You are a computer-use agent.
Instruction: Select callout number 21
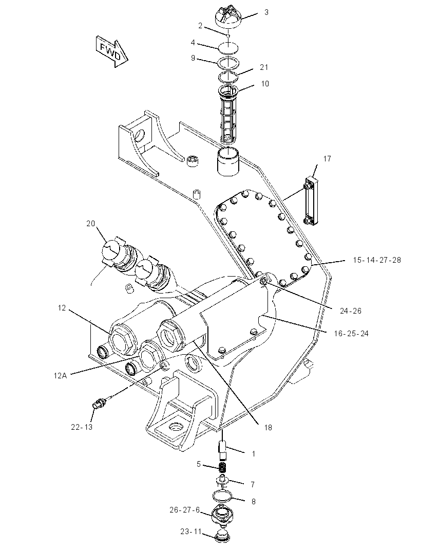264,67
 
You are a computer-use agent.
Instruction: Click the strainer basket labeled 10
228,114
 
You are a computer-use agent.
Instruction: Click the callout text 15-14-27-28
377,260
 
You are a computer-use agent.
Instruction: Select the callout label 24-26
351,310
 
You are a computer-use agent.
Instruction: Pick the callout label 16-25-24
351,334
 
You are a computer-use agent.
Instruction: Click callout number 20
90,223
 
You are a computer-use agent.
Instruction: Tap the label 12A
60,375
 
